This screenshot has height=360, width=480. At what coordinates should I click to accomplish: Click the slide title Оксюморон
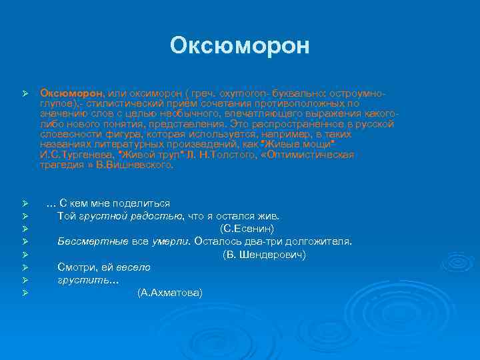240,45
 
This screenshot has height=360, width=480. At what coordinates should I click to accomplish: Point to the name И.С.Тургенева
74,154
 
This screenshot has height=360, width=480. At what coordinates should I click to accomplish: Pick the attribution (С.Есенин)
247,229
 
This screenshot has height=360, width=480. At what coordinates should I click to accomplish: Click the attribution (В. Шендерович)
264,255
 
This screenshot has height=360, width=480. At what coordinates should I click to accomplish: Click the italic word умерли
167,241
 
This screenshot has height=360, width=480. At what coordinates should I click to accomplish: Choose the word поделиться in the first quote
139,203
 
